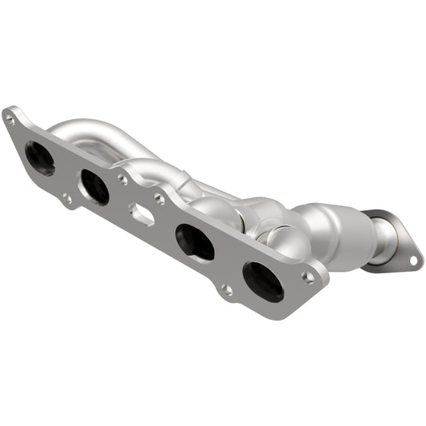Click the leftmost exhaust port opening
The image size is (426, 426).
[40, 157]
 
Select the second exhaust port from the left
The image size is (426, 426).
[94, 187]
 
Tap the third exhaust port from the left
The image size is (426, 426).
[194, 241]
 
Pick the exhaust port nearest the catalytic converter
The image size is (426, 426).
[263, 282]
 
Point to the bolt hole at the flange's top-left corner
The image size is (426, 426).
[10, 120]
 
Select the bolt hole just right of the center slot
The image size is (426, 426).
[160, 199]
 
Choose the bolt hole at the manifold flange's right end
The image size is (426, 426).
[309, 277]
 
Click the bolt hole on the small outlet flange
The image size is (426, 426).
[412, 260]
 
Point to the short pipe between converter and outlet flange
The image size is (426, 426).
[384, 239]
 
